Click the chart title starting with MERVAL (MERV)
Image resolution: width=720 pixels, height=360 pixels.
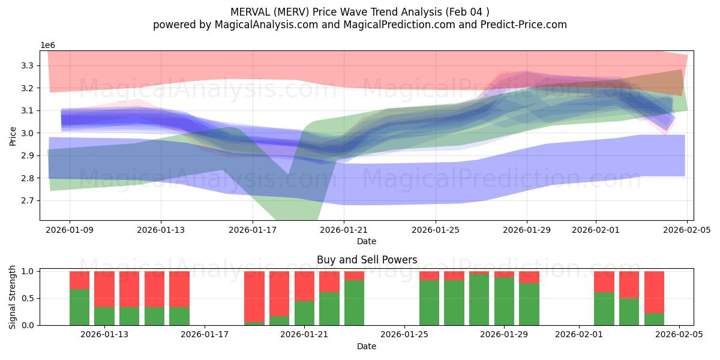(360, 11)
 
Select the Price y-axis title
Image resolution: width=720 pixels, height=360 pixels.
(13, 136)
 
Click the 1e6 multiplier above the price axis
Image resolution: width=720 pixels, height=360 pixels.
(48, 46)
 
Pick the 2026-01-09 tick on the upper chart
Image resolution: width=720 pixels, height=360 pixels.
(70, 230)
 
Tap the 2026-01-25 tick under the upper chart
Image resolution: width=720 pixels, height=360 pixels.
(435, 230)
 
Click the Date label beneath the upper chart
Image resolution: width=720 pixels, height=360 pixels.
(367, 241)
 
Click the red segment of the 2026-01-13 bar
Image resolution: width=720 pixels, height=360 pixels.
(104, 289)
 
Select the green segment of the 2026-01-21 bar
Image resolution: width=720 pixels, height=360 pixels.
(304, 313)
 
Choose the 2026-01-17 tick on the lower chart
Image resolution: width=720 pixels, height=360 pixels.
(205, 335)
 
